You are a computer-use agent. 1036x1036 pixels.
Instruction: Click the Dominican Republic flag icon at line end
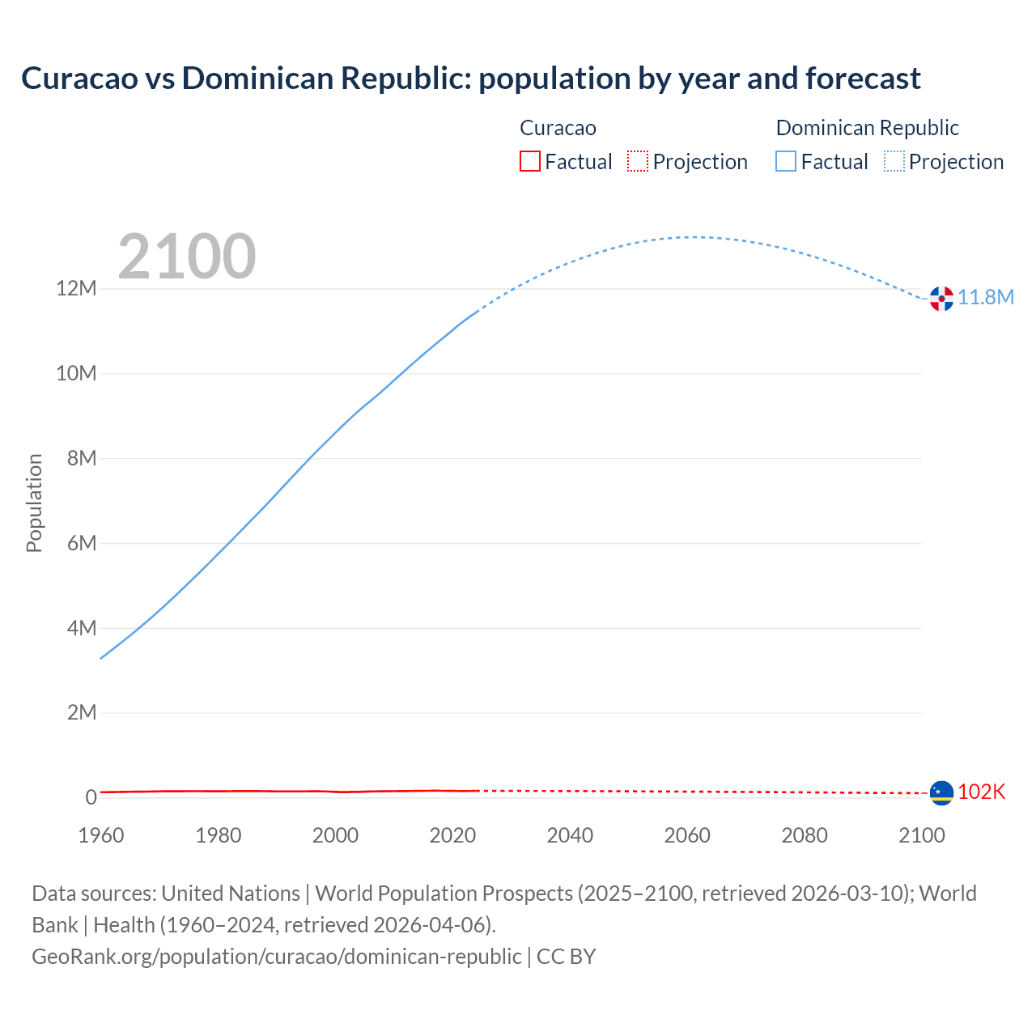(941, 299)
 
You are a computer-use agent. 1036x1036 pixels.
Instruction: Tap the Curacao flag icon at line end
(941, 792)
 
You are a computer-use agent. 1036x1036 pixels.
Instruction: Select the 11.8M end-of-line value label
(986, 298)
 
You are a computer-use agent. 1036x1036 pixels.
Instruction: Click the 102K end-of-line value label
(981, 792)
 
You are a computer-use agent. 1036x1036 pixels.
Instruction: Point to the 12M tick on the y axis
(76, 289)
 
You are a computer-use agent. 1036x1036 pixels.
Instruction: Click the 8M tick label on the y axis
(81, 459)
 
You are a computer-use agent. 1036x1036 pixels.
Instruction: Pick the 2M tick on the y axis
(81, 713)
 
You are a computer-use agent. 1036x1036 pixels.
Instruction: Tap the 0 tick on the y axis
(91, 797)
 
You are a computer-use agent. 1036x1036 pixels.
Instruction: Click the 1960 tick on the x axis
(101, 835)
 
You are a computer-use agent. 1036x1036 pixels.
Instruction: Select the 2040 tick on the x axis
(570, 835)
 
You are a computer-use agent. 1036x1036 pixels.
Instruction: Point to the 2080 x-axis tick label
(805, 835)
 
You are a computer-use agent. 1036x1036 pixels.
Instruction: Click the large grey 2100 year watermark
(187, 257)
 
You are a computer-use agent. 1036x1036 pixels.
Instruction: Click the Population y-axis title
(34, 503)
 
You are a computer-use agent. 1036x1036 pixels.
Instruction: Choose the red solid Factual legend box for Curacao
(529, 162)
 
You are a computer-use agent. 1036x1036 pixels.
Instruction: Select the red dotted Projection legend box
(638, 162)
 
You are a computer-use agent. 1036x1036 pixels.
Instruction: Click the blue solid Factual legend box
(786, 162)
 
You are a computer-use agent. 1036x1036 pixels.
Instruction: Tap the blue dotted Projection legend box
(894, 162)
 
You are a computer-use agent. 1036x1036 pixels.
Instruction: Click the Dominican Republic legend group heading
(867, 128)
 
